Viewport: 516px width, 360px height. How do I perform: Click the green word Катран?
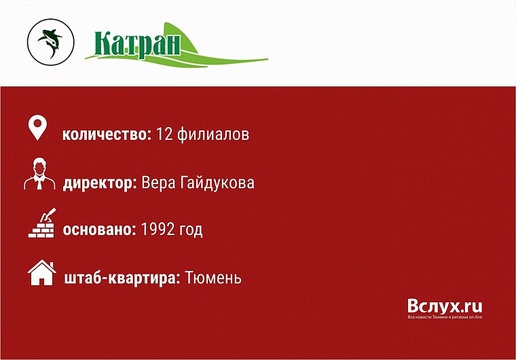[x=138, y=44]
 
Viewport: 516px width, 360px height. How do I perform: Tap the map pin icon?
[x=37, y=128]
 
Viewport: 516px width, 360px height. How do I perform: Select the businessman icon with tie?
[x=39, y=175]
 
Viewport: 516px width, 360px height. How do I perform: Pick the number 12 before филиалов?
[x=165, y=134]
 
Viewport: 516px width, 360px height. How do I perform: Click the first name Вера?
[x=158, y=183]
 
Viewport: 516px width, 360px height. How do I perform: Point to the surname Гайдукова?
[x=217, y=183]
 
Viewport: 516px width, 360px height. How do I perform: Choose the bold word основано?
[x=100, y=230]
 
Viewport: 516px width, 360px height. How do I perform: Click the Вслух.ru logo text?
[x=445, y=306]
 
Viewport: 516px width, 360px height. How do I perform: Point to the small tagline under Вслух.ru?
[x=445, y=317]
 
